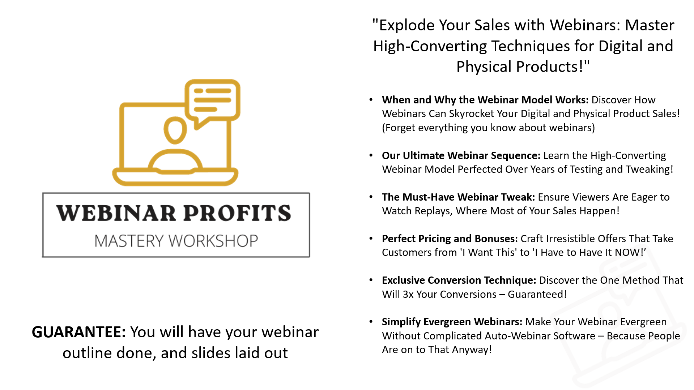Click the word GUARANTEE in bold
click(78, 332)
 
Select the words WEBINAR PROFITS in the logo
click(174, 213)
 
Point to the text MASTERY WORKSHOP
click(176, 241)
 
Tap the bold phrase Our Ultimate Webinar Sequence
click(461, 155)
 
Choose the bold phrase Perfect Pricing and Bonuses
click(450, 239)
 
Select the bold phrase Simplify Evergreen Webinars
click(452, 322)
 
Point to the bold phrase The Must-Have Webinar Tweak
click(458, 197)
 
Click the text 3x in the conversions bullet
click(408, 294)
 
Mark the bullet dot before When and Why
click(371, 100)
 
